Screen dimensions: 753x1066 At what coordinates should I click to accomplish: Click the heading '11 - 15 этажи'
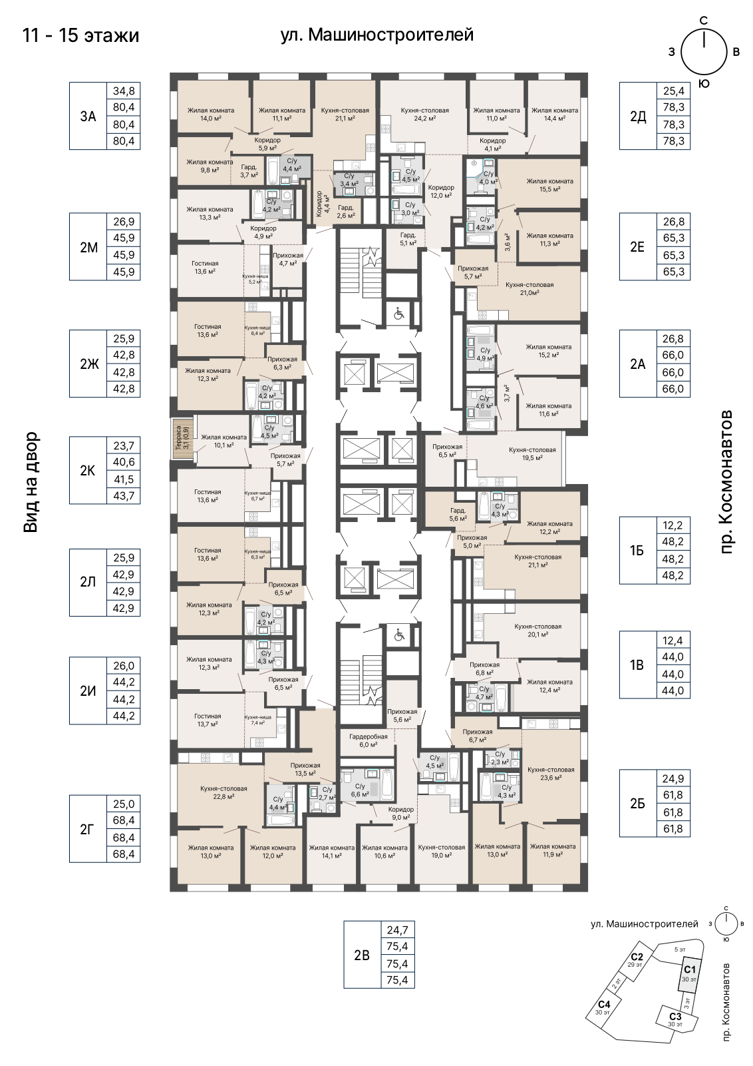point(80,36)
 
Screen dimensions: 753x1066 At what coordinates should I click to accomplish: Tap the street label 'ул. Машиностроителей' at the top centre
point(377,35)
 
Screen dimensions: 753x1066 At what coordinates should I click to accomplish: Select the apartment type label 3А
point(88,116)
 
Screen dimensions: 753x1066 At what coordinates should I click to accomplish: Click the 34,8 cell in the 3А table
point(124,91)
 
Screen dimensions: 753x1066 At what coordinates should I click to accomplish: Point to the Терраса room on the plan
point(183,438)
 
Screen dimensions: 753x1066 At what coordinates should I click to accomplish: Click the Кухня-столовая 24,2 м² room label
point(425,115)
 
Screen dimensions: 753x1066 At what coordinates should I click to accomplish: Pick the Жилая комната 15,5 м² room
point(549,184)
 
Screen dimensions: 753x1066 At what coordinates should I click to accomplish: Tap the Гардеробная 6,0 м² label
point(369,740)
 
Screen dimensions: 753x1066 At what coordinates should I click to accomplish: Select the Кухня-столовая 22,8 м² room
point(224,792)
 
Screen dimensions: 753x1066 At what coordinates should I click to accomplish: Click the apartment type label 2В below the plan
point(362,955)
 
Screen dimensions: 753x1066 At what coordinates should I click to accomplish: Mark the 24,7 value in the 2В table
point(398,930)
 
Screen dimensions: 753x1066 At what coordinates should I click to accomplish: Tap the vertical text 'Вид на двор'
point(30,482)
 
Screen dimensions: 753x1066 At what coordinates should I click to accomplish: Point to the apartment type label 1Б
point(637,550)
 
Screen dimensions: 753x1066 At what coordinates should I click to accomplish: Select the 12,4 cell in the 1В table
point(673,640)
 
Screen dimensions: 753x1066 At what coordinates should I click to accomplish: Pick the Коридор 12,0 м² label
point(441,191)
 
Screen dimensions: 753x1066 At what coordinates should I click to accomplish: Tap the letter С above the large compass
point(704,21)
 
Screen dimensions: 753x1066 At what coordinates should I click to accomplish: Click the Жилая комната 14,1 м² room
point(332,851)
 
